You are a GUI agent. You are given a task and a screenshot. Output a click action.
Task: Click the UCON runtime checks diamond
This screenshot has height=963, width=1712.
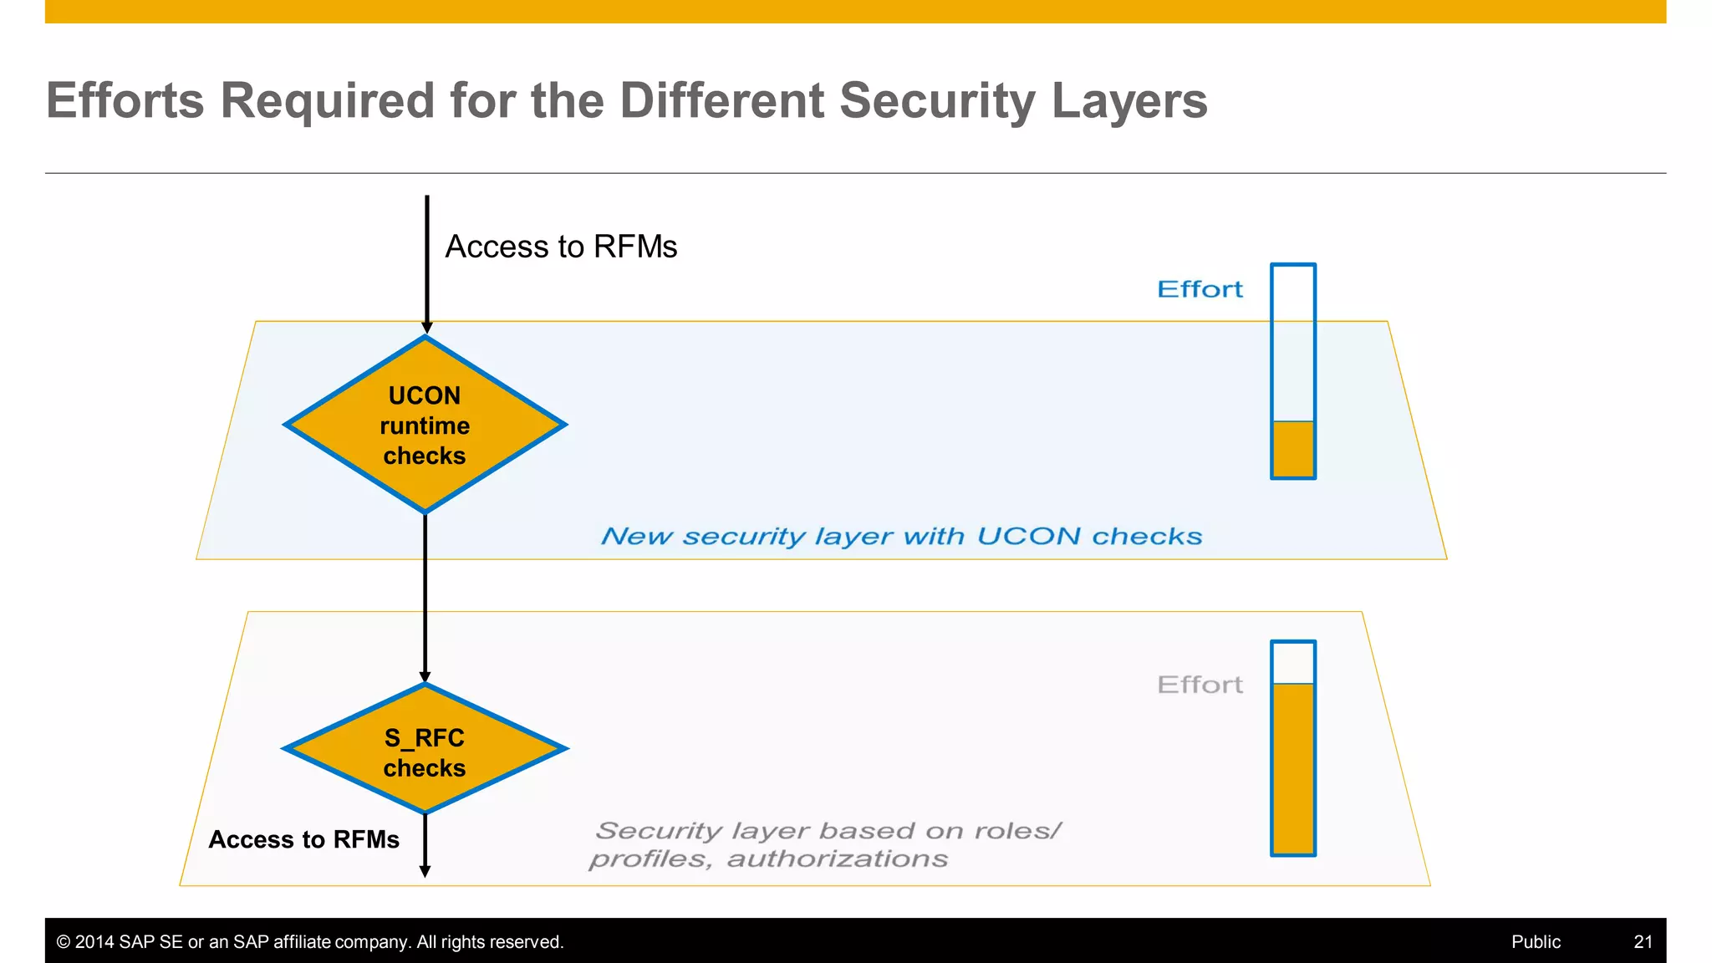click(425, 425)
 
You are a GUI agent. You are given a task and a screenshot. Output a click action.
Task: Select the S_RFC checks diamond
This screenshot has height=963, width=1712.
click(425, 749)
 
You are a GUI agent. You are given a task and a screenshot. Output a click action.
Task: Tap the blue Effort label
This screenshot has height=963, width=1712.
click(1200, 289)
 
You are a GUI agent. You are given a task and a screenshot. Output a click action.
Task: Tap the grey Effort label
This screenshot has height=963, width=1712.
click(1200, 685)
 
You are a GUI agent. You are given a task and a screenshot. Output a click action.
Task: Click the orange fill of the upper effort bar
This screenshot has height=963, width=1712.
click(1292, 449)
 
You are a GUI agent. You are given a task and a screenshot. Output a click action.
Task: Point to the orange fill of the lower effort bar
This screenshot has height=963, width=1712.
click(1292, 769)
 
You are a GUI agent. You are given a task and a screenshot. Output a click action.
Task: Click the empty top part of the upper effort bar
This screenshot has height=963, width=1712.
click(1292, 343)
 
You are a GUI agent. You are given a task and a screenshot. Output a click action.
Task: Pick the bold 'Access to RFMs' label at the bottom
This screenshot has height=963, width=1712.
click(303, 839)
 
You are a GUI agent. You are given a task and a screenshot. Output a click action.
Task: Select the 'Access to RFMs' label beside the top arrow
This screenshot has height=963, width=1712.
click(561, 247)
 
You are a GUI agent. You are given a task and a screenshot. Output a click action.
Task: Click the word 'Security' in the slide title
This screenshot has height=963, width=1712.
click(936, 100)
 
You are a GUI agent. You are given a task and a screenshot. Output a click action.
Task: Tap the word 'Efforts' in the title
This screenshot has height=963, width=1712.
click(125, 100)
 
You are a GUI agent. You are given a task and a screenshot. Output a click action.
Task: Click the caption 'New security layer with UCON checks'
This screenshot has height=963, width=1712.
click(901, 536)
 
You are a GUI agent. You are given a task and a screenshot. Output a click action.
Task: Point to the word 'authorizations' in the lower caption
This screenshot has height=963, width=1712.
click(837, 859)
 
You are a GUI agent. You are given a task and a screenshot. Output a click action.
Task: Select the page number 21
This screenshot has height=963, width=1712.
click(1643, 942)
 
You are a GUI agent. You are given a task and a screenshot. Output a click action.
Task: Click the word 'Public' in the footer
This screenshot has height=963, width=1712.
click(1536, 942)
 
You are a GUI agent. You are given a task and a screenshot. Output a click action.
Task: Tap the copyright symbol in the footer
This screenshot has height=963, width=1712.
click(64, 942)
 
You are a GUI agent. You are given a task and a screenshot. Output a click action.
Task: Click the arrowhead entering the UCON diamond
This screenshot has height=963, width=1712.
click(427, 328)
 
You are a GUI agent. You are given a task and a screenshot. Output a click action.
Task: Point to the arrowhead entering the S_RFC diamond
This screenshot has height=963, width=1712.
click(425, 676)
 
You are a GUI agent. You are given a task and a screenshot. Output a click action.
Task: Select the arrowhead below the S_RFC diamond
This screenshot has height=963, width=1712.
click(425, 871)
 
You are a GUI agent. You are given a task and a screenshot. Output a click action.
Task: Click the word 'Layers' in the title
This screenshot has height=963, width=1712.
click(1129, 100)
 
